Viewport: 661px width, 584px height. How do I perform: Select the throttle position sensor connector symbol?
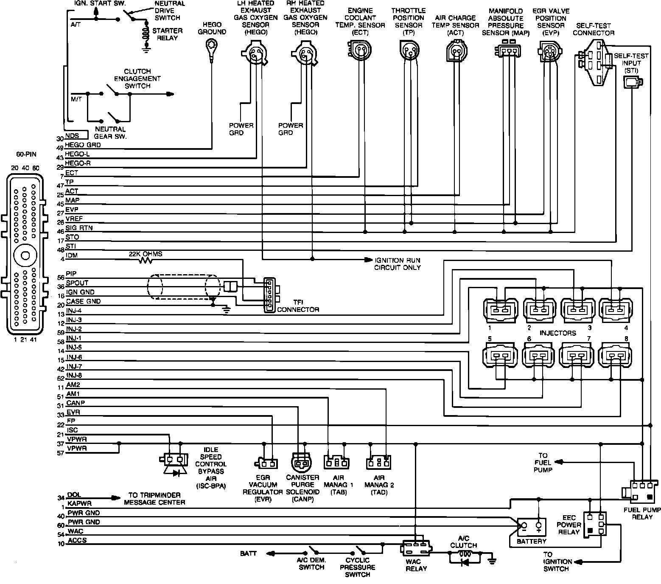pyautogui.click(x=409, y=50)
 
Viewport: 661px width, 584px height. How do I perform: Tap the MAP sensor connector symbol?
pyautogui.click(x=507, y=50)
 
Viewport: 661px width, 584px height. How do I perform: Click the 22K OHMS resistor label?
pyautogui.click(x=146, y=254)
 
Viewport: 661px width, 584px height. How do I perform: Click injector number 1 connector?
pyautogui.click(x=500, y=309)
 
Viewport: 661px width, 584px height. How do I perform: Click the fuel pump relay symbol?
pyautogui.click(x=641, y=491)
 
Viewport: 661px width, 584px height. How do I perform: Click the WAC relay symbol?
pyautogui.click(x=416, y=548)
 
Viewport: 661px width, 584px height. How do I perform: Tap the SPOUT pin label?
pyautogui.click(x=77, y=283)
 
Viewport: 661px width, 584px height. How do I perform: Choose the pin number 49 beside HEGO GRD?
pyautogui.click(x=60, y=148)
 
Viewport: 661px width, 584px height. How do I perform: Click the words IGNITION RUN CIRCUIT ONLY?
pyautogui.click(x=397, y=264)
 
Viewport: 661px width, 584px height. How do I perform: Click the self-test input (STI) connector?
pyautogui.click(x=632, y=81)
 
